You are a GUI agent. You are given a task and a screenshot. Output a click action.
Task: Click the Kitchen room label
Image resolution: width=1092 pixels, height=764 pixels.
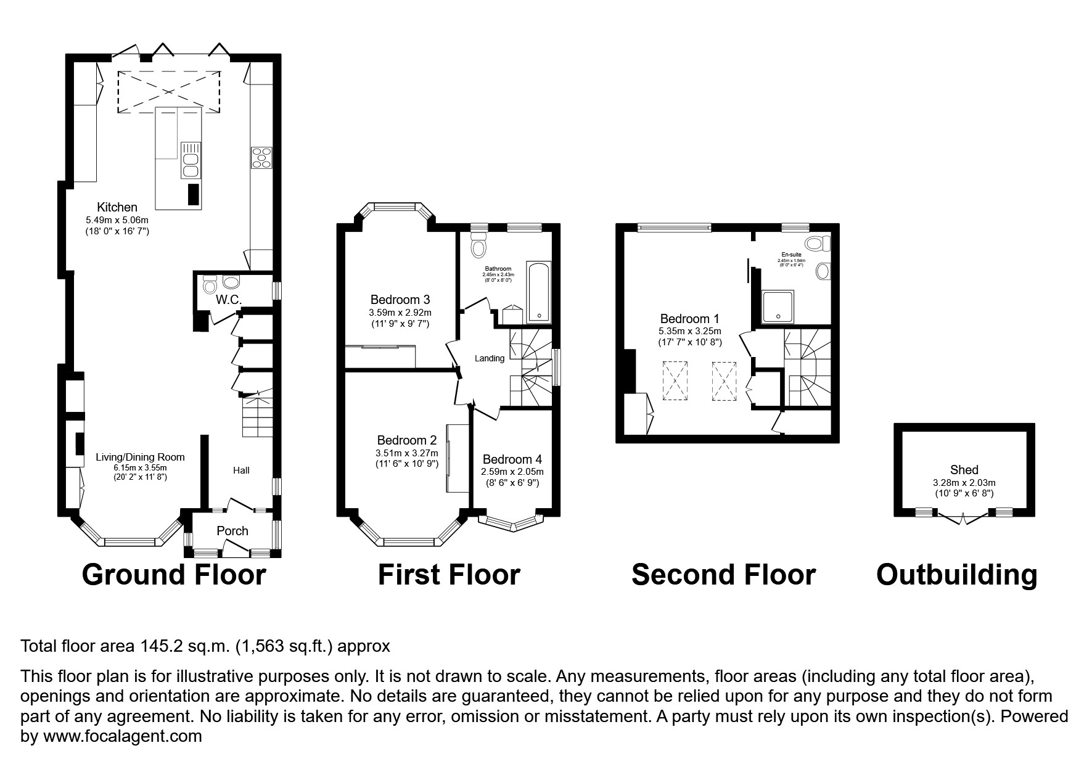coord(117,207)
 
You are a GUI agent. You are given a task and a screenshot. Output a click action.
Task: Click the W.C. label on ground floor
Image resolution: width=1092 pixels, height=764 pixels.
coord(228,300)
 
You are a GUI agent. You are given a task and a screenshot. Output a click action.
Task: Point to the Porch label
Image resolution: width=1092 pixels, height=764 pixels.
coord(232,531)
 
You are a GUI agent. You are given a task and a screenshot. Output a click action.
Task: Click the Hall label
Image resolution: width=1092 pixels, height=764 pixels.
coord(241,470)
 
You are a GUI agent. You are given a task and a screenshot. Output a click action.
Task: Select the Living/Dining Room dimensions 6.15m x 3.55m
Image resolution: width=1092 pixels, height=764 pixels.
coord(140,467)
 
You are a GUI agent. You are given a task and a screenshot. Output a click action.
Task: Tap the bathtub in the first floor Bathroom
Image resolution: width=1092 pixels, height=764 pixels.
coord(539,292)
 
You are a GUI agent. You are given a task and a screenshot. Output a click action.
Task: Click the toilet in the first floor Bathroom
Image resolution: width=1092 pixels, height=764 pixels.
coord(478,245)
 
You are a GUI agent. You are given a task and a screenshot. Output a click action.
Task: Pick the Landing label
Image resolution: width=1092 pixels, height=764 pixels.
coord(490,358)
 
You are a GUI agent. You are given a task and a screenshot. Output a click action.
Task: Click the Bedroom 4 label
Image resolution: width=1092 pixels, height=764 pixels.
coord(512,459)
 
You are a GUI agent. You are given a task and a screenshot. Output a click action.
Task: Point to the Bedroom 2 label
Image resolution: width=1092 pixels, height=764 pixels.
coord(406,440)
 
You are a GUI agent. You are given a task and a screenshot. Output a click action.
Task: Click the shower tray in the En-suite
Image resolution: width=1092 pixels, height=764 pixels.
coord(779,306)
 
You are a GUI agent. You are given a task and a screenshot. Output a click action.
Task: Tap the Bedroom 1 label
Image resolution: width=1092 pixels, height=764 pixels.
coord(689,319)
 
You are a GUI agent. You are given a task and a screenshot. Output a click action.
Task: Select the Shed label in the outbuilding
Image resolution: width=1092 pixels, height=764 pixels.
coord(964,470)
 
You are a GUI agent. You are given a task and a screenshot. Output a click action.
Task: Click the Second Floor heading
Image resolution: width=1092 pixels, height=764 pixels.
coord(723,575)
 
